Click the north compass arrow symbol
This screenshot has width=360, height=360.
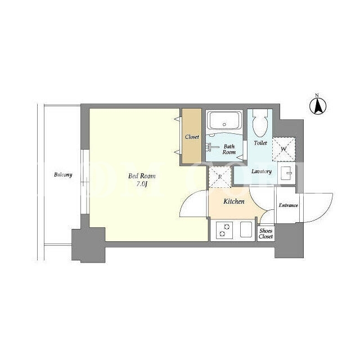tap(318, 106)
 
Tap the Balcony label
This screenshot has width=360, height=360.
tap(63, 175)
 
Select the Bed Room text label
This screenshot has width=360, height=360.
tap(142, 176)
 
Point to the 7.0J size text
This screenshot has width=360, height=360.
tap(142, 184)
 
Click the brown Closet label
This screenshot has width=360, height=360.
tap(192, 137)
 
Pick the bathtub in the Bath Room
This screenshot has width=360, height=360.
tap(224, 121)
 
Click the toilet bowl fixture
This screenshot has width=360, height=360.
tap(260, 123)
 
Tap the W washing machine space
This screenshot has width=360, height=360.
tap(283, 149)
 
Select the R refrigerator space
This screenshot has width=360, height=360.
tap(220, 177)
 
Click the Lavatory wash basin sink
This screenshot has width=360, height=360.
tap(286, 173)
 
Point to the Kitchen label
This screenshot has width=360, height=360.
tap(234, 201)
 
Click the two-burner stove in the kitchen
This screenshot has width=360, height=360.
tap(224, 230)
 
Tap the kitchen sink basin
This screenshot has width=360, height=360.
tap(246, 229)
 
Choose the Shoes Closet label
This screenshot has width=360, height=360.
tap(266, 234)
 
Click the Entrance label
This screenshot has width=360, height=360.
tap(289, 205)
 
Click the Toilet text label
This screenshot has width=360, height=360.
tap(260, 143)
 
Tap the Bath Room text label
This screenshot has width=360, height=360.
tap(229, 149)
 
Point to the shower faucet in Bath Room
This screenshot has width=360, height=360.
tap(213, 147)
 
